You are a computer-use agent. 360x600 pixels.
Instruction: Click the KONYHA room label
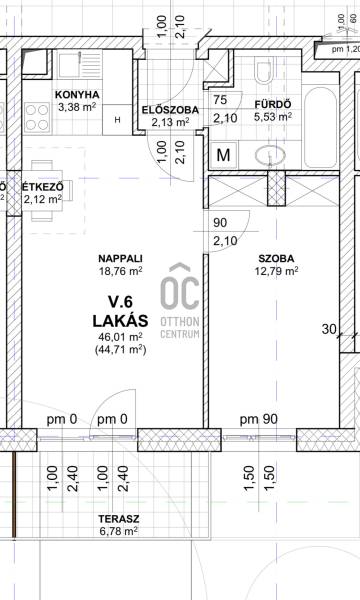[77, 95]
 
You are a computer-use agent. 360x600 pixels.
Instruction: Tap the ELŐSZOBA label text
[170, 110]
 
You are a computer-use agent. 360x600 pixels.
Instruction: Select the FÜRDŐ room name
[273, 104]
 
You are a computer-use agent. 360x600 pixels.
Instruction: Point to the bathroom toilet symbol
[265, 70]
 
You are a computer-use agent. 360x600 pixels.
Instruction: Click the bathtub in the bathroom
[320, 127]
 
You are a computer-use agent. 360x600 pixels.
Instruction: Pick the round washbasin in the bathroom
[270, 155]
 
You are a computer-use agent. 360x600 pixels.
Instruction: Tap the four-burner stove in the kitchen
[37, 117]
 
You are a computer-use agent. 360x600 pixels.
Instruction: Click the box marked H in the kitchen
[117, 120]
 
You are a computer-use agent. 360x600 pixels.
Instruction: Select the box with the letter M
[223, 155]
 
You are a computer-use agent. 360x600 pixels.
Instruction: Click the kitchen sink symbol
[80, 64]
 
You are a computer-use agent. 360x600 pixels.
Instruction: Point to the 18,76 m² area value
[121, 271]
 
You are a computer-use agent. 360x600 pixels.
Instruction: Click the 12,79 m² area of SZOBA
[276, 271]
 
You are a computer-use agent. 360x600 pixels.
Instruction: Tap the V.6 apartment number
[121, 302]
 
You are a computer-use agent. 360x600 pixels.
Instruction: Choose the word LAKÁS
[121, 321]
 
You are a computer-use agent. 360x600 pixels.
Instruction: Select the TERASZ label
[119, 519]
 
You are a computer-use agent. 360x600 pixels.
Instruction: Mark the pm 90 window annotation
[259, 419]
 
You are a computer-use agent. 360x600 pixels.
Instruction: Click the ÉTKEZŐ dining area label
[42, 188]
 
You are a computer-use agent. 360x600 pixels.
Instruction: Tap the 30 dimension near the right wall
[328, 329]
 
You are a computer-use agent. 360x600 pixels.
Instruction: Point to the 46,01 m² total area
[121, 337]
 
